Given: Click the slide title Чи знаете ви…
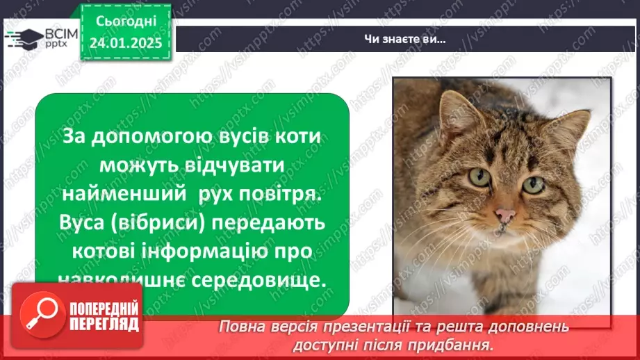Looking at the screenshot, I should pyautogui.click(x=404, y=38).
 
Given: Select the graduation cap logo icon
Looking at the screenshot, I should pyautogui.click(x=22, y=38).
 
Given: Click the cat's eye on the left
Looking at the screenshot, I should pyautogui.click(x=479, y=177).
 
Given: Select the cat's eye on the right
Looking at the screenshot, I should pyautogui.click(x=533, y=185).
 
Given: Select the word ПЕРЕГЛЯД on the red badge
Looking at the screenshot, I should pyautogui.click(x=103, y=325).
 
